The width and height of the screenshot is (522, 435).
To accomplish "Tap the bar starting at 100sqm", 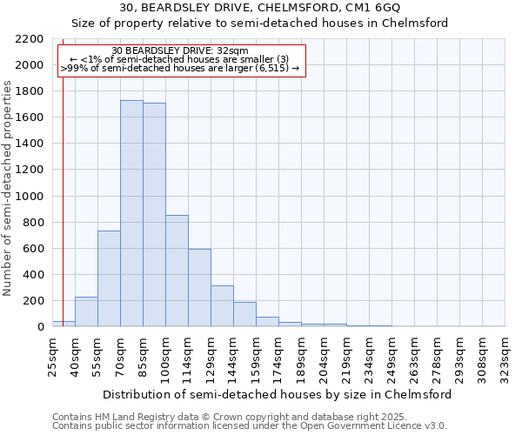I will (x=177, y=271).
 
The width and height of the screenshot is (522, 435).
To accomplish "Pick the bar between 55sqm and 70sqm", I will (x=109, y=278).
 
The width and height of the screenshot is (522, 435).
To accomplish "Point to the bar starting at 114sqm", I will (x=199, y=288).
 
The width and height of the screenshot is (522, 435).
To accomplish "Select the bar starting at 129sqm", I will (x=222, y=305).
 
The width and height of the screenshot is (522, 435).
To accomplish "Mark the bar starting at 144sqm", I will (x=244, y=314).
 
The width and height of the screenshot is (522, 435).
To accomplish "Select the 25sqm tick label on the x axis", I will (x=52, y=355).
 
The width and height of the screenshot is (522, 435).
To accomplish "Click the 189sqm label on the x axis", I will (x=301, y=357).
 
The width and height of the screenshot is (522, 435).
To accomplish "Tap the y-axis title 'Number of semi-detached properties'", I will (x=9, y=188).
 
